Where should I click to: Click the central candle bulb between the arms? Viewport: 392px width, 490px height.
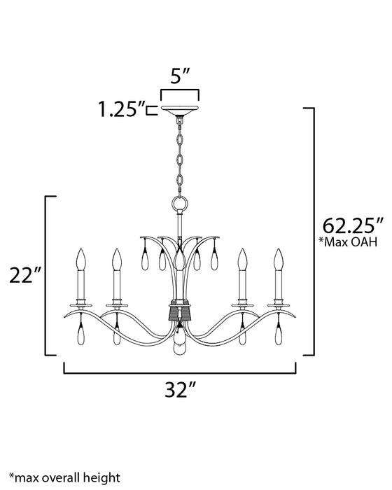[x=180, y=262]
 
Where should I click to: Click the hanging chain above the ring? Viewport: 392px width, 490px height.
[x=180, y=157]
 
